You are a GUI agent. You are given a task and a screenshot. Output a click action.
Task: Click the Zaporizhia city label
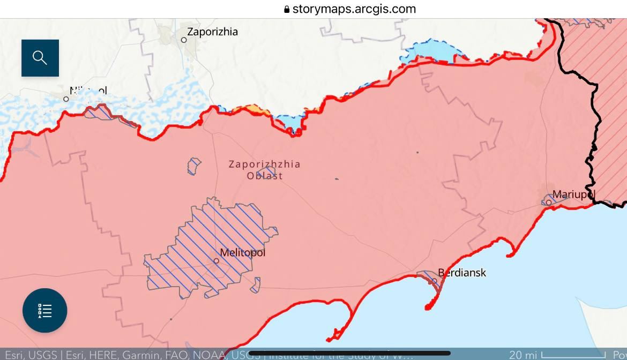click(x=212, y=32)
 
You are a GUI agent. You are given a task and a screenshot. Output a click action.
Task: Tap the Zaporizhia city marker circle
click(x=184, y=40)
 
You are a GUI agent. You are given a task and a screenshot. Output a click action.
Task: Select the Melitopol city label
click(x=243, y=252)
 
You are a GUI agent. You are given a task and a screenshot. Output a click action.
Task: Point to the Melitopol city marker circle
click(x=217, y=261)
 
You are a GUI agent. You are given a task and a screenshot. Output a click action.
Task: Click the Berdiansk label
click(x=462, y=273)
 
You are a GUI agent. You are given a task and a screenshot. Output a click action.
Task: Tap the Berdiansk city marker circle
click(x=435, y=281)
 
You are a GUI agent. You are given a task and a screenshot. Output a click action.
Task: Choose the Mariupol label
click(x=573, y=194)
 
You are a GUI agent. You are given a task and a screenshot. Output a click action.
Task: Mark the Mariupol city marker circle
click(x=549, y=202)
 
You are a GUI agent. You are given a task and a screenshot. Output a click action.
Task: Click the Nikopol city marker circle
click(x=66, y=99)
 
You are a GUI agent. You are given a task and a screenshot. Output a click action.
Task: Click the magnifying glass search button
click(x=40, y=58)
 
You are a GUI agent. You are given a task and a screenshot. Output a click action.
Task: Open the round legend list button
click(x=45, y=311)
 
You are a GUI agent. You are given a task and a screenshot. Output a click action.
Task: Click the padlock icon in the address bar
click(x=287, y=9)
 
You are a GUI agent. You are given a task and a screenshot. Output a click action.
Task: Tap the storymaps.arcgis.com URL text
click(x=354, y=9)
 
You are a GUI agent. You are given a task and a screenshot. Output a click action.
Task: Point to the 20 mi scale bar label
click(x=523, y=355)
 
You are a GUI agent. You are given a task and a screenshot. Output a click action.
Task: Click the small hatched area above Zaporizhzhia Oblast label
click(x=194, y=166)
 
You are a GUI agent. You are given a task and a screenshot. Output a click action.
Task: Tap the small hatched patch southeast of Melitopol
click(x=256, y=285)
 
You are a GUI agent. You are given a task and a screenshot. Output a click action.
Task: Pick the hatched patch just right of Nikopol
click(x=99, y=112)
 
